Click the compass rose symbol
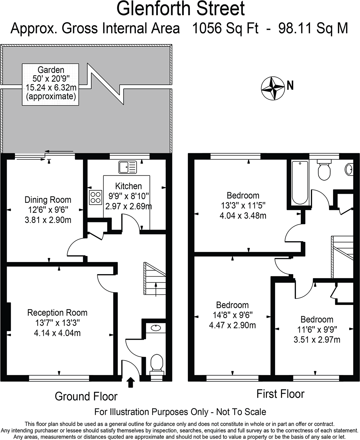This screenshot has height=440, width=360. tap(273, 89)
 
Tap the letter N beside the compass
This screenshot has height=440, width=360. tap(290, 86)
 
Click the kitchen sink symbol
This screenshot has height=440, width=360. tap(128, 167)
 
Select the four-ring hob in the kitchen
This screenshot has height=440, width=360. tap(96, 197)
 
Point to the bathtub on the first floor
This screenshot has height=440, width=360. tap(299, 183)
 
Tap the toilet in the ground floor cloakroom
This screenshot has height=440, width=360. tap(157, 363)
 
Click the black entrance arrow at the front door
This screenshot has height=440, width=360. tap(131, 382)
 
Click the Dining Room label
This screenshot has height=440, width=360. tap(48, 200)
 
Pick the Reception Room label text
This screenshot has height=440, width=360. tap(57, 313)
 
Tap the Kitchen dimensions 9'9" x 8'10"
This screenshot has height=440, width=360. tap(128, 196)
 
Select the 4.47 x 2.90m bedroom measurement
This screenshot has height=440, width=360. tap(232, 325)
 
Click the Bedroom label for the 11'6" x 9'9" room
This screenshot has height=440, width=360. tap(317, 319)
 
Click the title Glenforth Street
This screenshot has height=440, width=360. tap(181, 9)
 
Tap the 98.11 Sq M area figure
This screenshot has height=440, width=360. tap(313, 29)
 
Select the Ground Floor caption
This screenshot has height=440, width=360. tap(86, 396)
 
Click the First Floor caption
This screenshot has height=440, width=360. tap(280, 394)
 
